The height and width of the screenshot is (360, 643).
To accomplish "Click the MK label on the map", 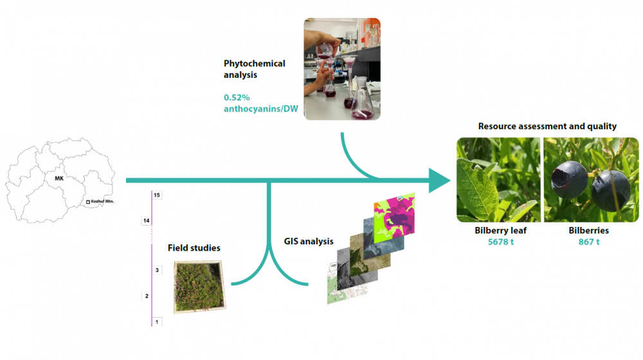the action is (x=59, y=178).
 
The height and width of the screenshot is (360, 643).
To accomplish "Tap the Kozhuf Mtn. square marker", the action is (x=87, y=202).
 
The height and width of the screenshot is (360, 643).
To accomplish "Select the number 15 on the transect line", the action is (x=157, y=195).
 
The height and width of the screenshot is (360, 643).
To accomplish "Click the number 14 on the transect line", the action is (x=147, y=221).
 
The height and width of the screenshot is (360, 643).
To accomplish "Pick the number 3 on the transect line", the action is (x=157, y=270).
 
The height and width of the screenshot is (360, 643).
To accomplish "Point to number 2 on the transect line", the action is (x=147, y=296).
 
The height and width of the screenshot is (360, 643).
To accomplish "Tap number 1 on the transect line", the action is (x=157, y=322).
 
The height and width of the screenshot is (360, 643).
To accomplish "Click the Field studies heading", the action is (x=194, y=248).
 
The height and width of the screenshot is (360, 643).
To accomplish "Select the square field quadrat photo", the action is (x=200, y=287).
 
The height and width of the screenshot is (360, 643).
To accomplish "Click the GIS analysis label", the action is (x=309, y=242).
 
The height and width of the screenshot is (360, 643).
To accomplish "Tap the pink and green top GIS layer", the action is (x=395, y=217).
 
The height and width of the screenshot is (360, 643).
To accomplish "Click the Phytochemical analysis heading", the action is (x=254, y=69).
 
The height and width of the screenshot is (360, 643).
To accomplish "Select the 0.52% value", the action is (x=237, y=98).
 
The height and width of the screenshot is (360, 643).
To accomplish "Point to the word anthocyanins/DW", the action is (x=261, y=109).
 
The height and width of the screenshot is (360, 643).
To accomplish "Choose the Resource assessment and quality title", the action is (x=547, y=126).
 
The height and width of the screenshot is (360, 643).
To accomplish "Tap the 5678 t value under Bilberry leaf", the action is (x=501, y=242).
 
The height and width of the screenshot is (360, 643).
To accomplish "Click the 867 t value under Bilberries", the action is (x=589, y=242).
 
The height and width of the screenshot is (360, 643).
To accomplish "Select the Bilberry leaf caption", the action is (x=501, y=230).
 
